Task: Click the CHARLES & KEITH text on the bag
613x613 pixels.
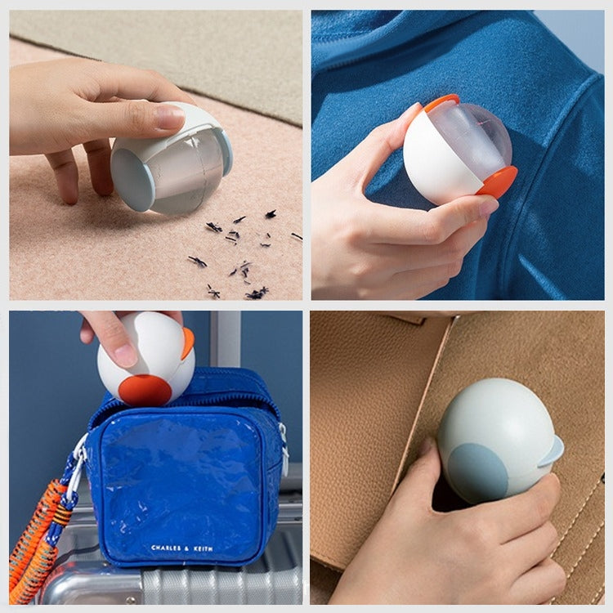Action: (182, 548)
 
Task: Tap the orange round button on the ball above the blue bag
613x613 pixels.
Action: (145, 390)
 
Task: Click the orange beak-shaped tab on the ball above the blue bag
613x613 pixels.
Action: (188, 343)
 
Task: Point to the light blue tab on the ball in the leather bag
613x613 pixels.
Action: (553, 453)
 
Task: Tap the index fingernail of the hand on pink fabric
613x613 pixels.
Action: (169, 116)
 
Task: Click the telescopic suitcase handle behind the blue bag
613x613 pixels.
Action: (226, 339)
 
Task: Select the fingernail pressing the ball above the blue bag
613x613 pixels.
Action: (127, 356)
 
